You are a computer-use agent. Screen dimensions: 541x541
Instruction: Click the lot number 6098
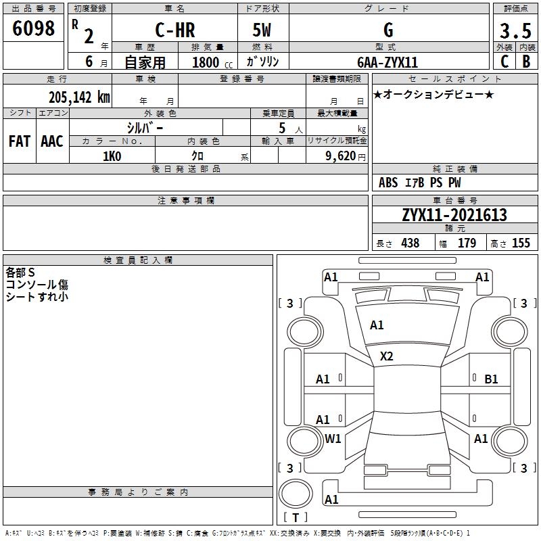pyautogui.click(x=33, y=28)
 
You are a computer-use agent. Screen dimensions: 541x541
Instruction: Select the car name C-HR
pyautogui.click(x=175, y=30)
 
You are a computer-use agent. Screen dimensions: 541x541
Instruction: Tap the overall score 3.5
pyautogui.click(x=515, y=31)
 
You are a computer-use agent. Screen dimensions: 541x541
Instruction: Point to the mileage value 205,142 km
pyautogui.click(x=79, y=97)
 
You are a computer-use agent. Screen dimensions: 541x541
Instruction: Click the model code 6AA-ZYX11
pyautogui.click(x=387, y=62)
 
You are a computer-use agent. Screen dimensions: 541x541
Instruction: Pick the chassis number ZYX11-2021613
pyautogui.click(x=454, y=215)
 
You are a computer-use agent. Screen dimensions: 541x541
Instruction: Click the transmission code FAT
pyautogui.click(x=20, y=141)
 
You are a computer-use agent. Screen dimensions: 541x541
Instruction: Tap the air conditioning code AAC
pyautogui.click(x=52, y=141)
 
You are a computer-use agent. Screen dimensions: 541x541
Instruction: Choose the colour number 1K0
pyautogui.click(x=112, y=156)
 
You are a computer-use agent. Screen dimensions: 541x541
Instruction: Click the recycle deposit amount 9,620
pyautogui.click(x=341, y=156)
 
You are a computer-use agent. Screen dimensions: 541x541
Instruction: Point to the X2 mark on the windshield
pyautogui.click(x=386, y=356)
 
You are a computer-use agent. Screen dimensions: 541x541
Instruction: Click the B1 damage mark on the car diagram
pyautogui.click(x=491, y=379)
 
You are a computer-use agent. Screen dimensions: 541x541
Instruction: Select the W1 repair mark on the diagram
pyautogui.click(x=333, y=438)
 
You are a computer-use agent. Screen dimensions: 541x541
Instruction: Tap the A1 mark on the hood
pyautogui.click(x=377, y=325)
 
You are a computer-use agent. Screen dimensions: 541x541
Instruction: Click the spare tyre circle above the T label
pyautogui.click(x=296, y=494)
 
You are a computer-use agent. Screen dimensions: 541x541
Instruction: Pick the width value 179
pyautogui.click(x=467, y=243)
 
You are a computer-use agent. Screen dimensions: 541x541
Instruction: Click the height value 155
pyautogui.click(x=521, y=243)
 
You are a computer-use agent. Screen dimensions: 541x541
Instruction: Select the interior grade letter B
pyautogui.click(x=527, y=62)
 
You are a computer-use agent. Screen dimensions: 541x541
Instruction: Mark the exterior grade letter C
pyautogui.click(x=504, y=62)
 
